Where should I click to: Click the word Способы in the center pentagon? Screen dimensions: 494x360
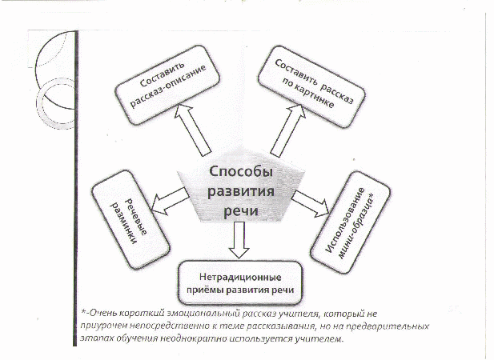241,173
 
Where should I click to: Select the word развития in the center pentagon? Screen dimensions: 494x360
241,191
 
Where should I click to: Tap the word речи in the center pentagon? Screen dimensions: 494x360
241,210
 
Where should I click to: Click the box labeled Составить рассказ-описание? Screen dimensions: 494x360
167,86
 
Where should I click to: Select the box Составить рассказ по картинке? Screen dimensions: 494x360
311,87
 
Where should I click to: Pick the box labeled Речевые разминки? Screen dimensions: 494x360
131,220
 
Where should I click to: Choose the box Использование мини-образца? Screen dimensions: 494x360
351,222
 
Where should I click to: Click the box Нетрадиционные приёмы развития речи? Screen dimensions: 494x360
240,282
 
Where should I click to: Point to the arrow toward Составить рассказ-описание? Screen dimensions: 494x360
192,130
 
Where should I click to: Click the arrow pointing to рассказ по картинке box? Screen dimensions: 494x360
287,130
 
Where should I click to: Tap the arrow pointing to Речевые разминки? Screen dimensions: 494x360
171,201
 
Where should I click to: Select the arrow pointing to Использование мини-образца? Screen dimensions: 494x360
311,204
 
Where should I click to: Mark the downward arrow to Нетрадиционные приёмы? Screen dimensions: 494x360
239,240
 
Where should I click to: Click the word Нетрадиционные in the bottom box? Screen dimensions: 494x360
240,278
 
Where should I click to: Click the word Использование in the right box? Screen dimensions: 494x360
345,220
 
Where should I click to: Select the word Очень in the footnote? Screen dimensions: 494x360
103,314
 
